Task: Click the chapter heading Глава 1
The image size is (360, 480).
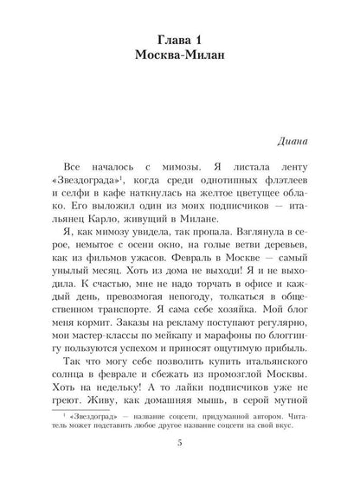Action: (179, 37)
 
